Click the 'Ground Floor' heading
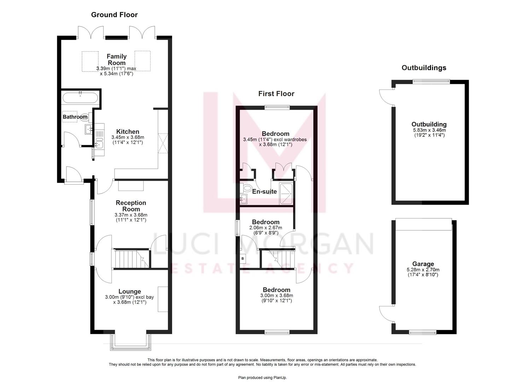tap(114, 15)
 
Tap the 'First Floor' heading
tap(276, 94)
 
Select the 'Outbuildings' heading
tap(424, 68)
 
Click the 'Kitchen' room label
tap(128, 132)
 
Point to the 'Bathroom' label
tap(75, 117)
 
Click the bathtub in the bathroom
tap(80, 98)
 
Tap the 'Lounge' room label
tap(129, 291)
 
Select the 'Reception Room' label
tap(131, 206)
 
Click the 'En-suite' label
tap(264, 192)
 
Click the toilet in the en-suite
tap(247, 187)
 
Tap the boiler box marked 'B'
tap(243, 259)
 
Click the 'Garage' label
tap(423, 264)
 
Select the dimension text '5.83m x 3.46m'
tap(429, 130)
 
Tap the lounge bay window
tap(130, 342)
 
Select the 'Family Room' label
tap(116, 59)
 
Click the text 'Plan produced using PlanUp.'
tap(262, 377)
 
